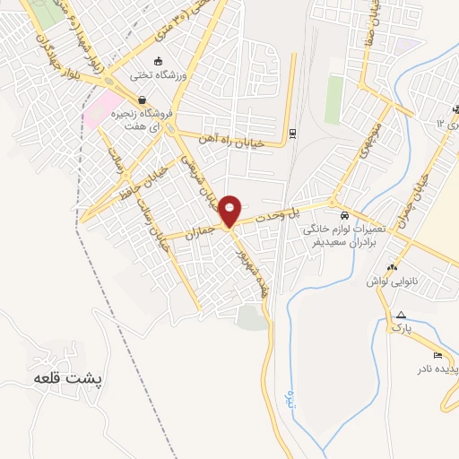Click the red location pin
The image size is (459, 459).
tap(230, 210)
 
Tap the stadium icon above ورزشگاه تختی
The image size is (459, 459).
tap(159, 62)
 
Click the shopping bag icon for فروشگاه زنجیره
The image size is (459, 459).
tap(141, 100)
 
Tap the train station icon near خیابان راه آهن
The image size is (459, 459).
tap(293, 134)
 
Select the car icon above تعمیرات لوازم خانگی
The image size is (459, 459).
tap(345, 216)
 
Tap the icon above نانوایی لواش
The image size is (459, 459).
tap(391, 267)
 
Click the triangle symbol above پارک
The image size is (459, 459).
tap(401, 315)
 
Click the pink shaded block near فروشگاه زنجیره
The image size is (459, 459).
tap(99, 109)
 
